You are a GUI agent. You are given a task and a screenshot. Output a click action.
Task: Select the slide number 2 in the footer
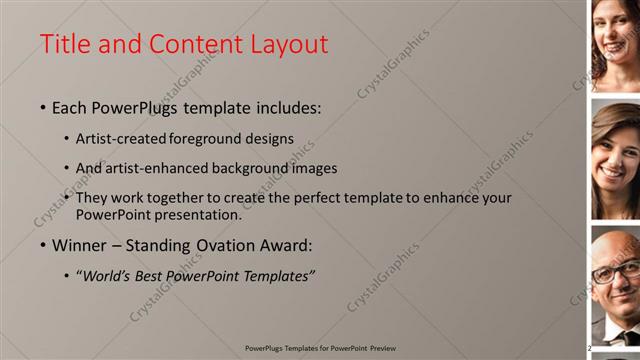(x=589, y=348)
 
